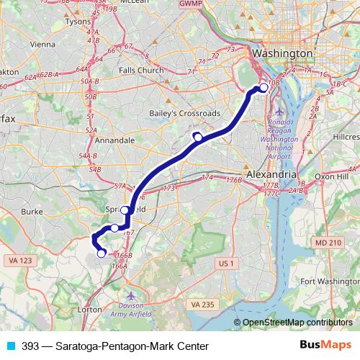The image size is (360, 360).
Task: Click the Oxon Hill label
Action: [330, 176]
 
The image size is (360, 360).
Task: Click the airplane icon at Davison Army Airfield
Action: [131, 296]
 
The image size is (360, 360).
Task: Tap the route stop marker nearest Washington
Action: [264, 88]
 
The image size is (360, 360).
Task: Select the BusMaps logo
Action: [325, 346]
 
